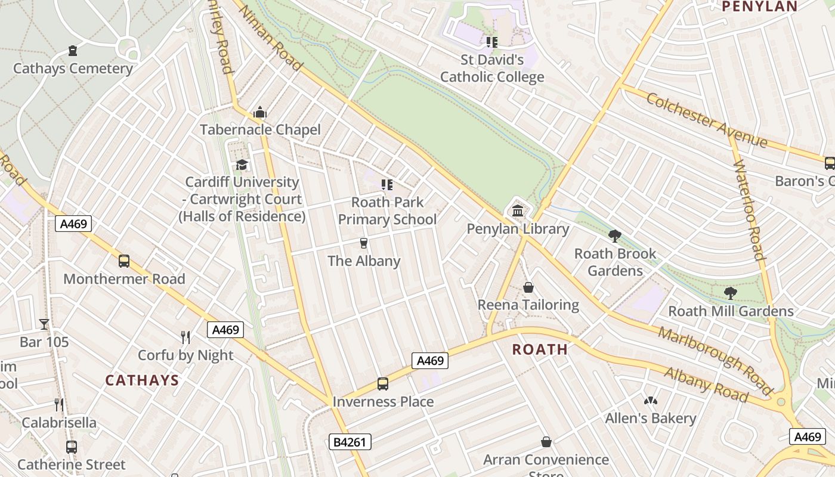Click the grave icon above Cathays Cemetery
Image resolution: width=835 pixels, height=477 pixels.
[73, 51]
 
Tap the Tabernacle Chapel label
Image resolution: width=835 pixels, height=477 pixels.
[260, 129]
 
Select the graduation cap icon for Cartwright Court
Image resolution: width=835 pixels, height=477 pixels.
[242, 165]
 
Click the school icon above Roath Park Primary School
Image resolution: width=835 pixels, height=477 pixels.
[387, 185]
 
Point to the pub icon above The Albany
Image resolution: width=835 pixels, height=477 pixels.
[363, 243]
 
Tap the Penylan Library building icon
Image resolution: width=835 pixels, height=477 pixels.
[518, 211]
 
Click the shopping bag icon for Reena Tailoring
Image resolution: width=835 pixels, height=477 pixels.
[528, 288]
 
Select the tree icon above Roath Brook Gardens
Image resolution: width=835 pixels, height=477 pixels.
[615, 236]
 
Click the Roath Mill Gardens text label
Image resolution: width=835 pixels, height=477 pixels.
[731, 311]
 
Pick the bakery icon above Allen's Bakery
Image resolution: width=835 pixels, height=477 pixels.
[650, 401]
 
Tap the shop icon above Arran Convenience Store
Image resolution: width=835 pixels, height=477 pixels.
[546, 442]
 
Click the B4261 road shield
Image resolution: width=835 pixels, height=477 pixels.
[350, 442]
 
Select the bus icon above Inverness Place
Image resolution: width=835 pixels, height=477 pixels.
[383, 384]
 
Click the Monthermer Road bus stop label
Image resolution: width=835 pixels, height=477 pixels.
[124, 278]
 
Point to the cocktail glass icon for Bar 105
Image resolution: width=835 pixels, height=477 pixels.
[44, 324]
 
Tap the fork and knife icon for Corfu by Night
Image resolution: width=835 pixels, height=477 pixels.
[185, 337]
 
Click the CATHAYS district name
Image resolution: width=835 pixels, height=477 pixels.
[142, 380]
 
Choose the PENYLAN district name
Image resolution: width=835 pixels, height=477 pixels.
[759, 7]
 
